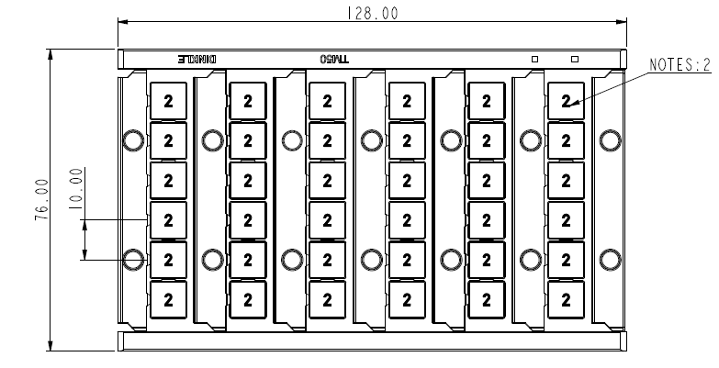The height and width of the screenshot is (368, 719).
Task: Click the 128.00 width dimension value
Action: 371,13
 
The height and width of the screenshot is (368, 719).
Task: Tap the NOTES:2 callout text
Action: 680,64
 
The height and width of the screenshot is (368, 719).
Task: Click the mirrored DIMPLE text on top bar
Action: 197,59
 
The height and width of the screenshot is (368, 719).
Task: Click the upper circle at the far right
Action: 609,139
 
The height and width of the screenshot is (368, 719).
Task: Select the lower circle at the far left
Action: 132,259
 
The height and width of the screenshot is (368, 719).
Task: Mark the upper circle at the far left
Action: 132,139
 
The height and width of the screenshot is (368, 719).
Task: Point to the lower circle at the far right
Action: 609,259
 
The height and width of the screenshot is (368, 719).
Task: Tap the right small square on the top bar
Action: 575,59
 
